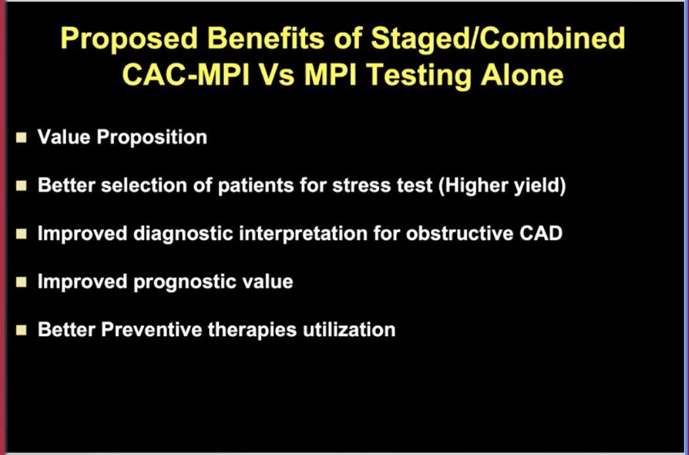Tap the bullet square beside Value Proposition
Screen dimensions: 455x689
pos(22,138)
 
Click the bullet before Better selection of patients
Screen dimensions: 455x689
pos(22,186)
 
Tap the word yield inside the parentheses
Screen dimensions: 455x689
pos(538,186)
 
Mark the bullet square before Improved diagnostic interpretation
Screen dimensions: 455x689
pos(22,234)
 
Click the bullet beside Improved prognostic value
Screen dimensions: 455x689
pos(22,282)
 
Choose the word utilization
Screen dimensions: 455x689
pos(348,329)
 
